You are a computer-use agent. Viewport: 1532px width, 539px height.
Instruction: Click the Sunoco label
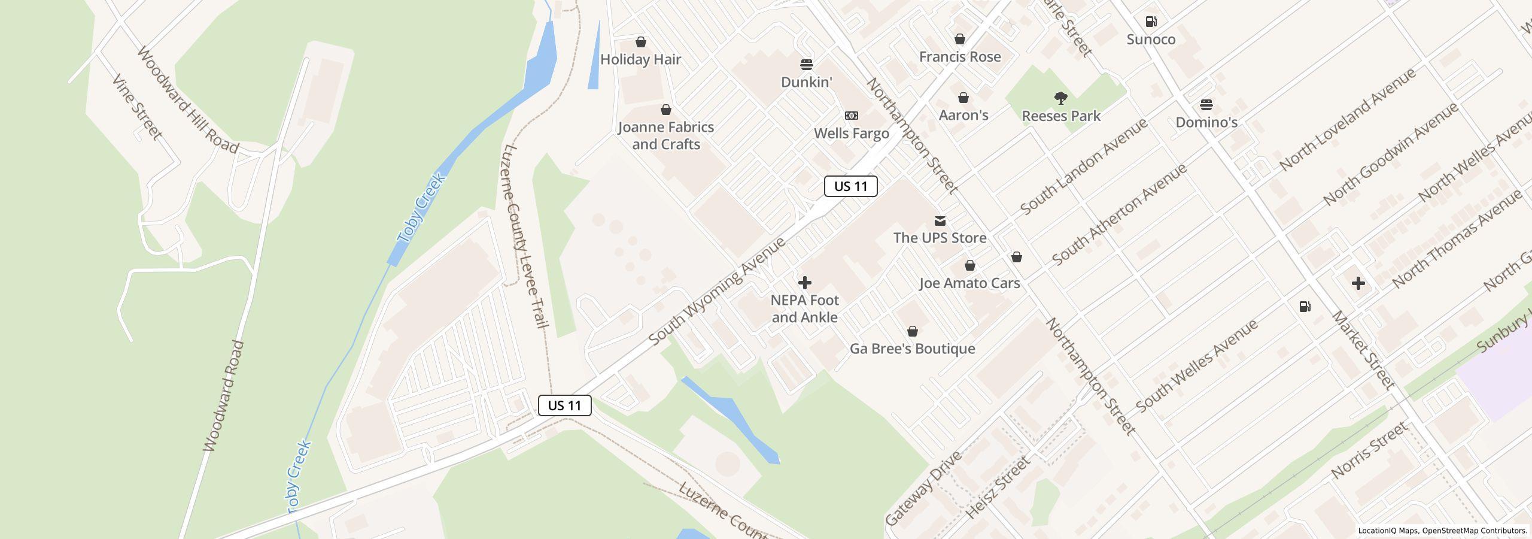(x=1151, y=40)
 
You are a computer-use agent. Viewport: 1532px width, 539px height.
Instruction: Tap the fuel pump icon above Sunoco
(x=1151, y=22)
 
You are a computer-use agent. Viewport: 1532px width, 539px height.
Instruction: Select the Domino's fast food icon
(x=1206, y=105)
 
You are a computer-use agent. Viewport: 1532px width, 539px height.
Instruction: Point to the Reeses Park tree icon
(x=1060, y=98)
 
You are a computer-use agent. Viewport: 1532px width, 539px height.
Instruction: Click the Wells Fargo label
(x=851, y=134)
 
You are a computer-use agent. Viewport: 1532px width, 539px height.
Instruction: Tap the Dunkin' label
(x=806, y=82)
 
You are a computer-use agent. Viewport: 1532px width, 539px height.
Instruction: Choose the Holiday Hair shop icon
(x=640, y=42)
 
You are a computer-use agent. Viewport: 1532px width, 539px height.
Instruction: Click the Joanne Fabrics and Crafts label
(x=665, y=135)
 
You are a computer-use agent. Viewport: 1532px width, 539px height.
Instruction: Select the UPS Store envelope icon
(x=940, y=221)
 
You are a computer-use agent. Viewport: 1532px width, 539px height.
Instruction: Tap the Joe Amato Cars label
(x=969, y=283)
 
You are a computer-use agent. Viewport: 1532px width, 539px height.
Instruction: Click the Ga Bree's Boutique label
(x=912, y=349)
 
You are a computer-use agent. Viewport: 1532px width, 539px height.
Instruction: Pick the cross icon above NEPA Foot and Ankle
(x=804, y=283)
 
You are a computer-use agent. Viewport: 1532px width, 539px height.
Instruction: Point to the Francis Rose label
(x=959, y=57)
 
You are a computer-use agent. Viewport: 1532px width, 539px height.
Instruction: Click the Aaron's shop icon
(x=963, y=98)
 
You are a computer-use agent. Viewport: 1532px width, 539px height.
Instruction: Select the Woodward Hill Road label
(x=187, y=100)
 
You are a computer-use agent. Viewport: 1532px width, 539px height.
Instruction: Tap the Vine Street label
(x=137, y=108)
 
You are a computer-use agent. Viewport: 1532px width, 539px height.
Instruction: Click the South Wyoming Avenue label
(x=716, y=291)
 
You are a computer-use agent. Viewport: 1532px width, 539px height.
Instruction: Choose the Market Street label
(x=1361, y=350)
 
